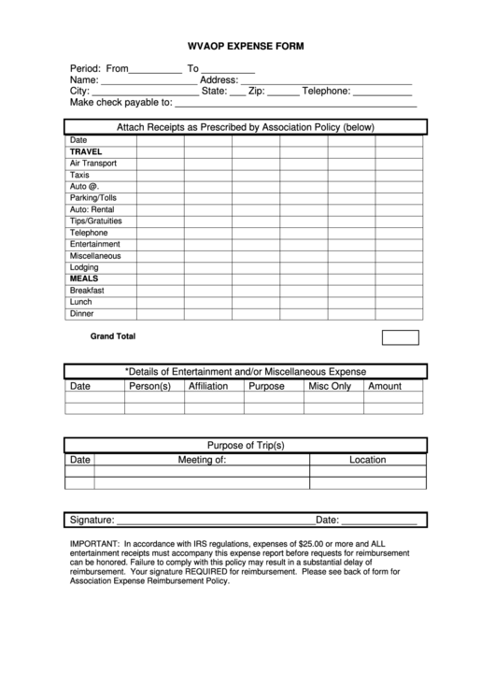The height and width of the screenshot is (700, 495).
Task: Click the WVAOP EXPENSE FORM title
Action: click(247, 45)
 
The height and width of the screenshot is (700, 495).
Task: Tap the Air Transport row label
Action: click(92, 163)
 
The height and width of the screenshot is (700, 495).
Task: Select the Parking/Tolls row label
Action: click(94, 197)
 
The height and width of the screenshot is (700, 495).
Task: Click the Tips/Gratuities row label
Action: click(95, 221)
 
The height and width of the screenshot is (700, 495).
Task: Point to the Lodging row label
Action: click(84, 267)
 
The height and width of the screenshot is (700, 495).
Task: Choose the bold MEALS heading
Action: click(83, 279)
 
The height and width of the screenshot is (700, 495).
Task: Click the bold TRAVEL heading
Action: click(86, 151)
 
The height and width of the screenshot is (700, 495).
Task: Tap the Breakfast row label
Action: click(87, 291)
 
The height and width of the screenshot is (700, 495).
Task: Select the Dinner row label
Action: click(81, 314)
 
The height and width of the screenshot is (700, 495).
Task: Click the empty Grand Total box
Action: click(400, 337)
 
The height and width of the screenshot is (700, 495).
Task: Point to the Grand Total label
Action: click(112, 336)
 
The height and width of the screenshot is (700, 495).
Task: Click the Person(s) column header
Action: click(149, 386)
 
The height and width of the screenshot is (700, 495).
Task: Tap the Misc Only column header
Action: click(329, 386)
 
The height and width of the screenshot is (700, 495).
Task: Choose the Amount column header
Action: click(385, 386)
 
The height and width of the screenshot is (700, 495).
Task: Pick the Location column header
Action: click(367, 460)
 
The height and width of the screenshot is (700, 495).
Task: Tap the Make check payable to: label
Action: click(120, 103)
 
